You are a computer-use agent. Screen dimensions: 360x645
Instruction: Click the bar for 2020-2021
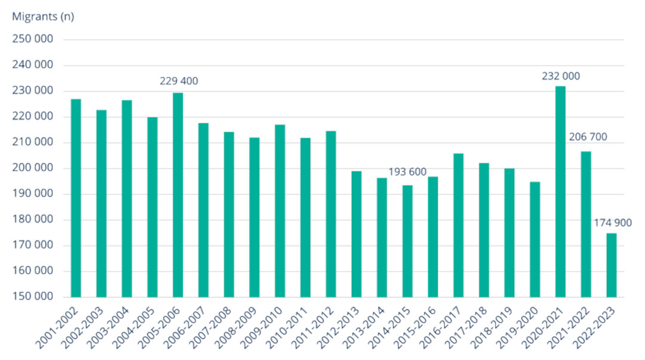[560, 191]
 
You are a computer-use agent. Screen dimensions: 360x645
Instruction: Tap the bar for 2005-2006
[178, 195]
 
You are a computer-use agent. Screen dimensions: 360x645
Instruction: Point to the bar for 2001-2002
[76, 198]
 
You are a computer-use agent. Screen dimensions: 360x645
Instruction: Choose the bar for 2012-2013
[357, 233]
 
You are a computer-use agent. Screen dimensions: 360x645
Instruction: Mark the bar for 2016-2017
[459, 225]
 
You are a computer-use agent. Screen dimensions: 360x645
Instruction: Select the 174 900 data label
[612, 223]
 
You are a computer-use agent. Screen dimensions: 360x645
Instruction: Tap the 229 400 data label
[179, 81]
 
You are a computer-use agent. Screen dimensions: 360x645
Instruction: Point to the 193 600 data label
[407, 173]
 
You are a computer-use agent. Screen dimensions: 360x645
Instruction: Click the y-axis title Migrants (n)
[43, 17]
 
